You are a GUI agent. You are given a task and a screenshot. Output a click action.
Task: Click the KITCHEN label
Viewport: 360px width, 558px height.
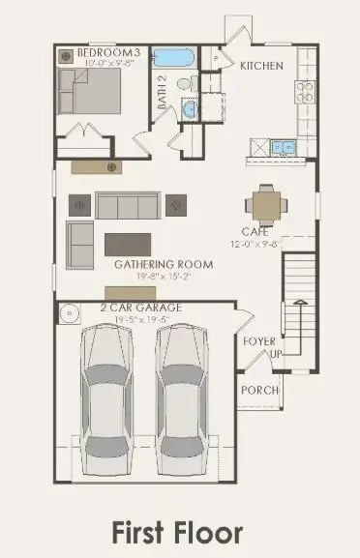coord(261,66)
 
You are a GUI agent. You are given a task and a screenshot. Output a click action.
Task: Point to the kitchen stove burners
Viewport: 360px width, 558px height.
coord(305,92)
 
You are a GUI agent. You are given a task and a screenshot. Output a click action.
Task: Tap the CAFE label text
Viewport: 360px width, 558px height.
coord(255,232)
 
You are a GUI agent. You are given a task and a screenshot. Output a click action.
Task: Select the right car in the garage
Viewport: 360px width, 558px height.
coord(190,392)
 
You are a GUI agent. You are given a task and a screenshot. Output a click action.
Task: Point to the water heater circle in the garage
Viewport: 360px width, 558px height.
coord(70,314)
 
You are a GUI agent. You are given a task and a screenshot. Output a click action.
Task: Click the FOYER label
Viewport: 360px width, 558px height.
coord(259,340)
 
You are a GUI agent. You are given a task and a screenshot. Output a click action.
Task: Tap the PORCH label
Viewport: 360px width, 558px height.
coord(259,390)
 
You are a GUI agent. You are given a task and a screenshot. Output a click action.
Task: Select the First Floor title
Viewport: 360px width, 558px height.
coord(177,531)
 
